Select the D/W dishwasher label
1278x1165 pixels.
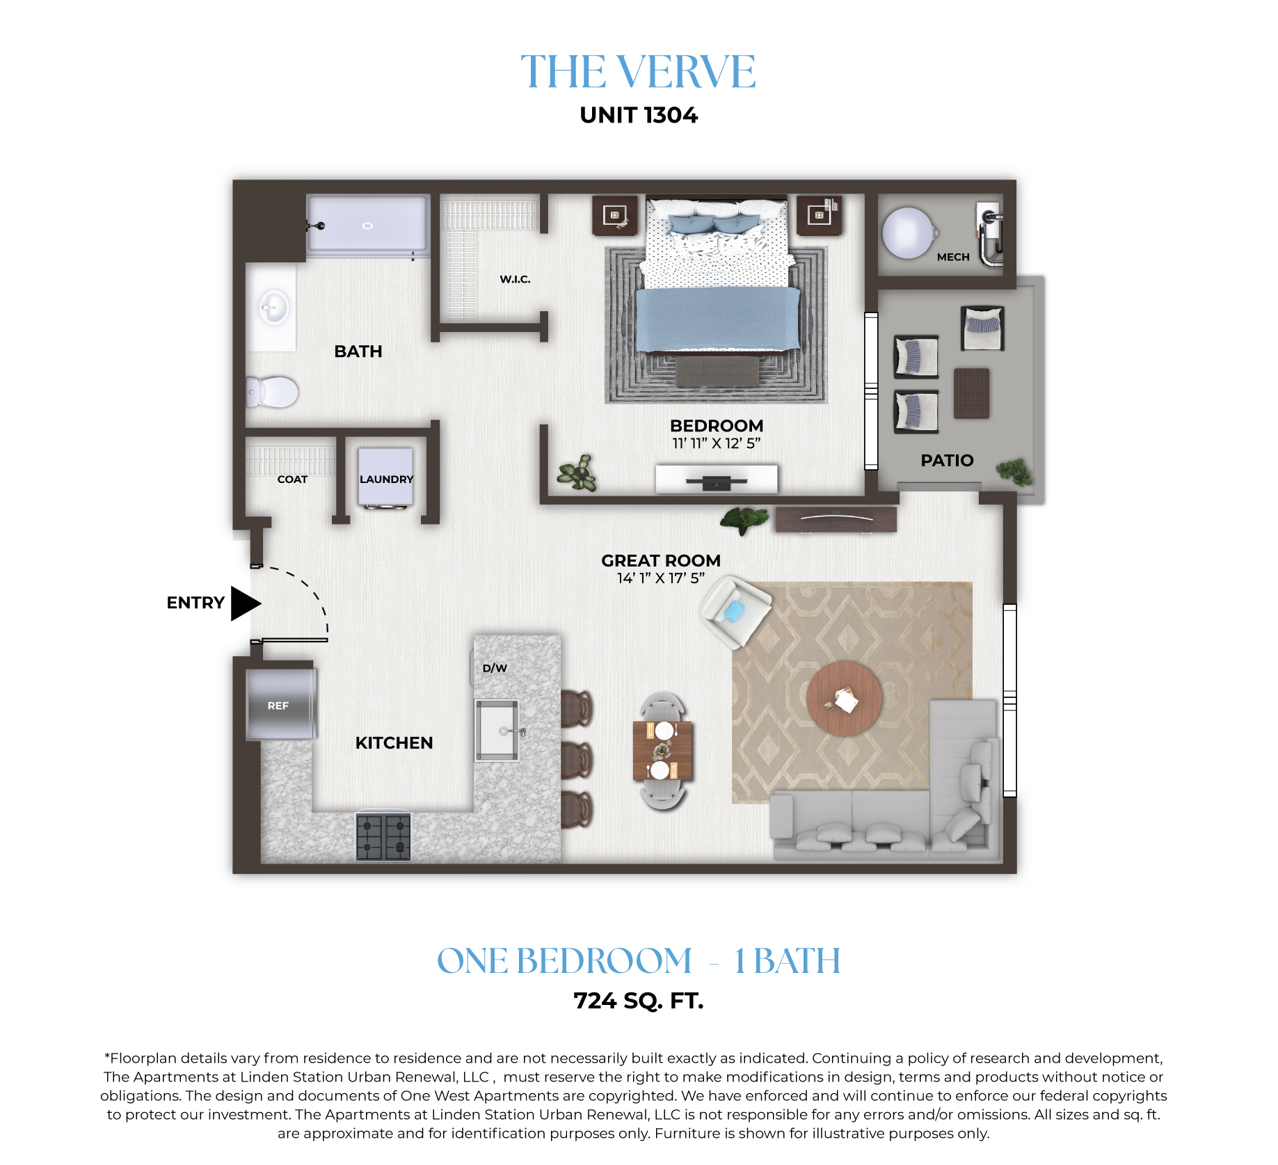click(495, 668)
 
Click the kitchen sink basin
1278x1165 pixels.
click(497, 730)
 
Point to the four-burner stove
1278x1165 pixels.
click(383, 837)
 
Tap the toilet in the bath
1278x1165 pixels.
click(272, 392)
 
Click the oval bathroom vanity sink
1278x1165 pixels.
click(274, 308)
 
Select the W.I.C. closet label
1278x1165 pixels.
click(515, 279)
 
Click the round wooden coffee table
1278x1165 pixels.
click(844, 698)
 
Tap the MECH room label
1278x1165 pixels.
click(953, 257)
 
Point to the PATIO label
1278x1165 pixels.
click(947, 460)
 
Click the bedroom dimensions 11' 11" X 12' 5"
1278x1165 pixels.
click(717, 443)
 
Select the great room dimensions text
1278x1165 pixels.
click(661, 578)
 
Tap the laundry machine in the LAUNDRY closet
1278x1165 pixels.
click(385, 477)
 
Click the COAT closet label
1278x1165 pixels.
click(292, 480)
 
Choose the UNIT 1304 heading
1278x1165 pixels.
click(639, 115)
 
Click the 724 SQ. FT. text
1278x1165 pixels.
click(639, 1001)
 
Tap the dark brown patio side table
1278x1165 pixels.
click(971, 393)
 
